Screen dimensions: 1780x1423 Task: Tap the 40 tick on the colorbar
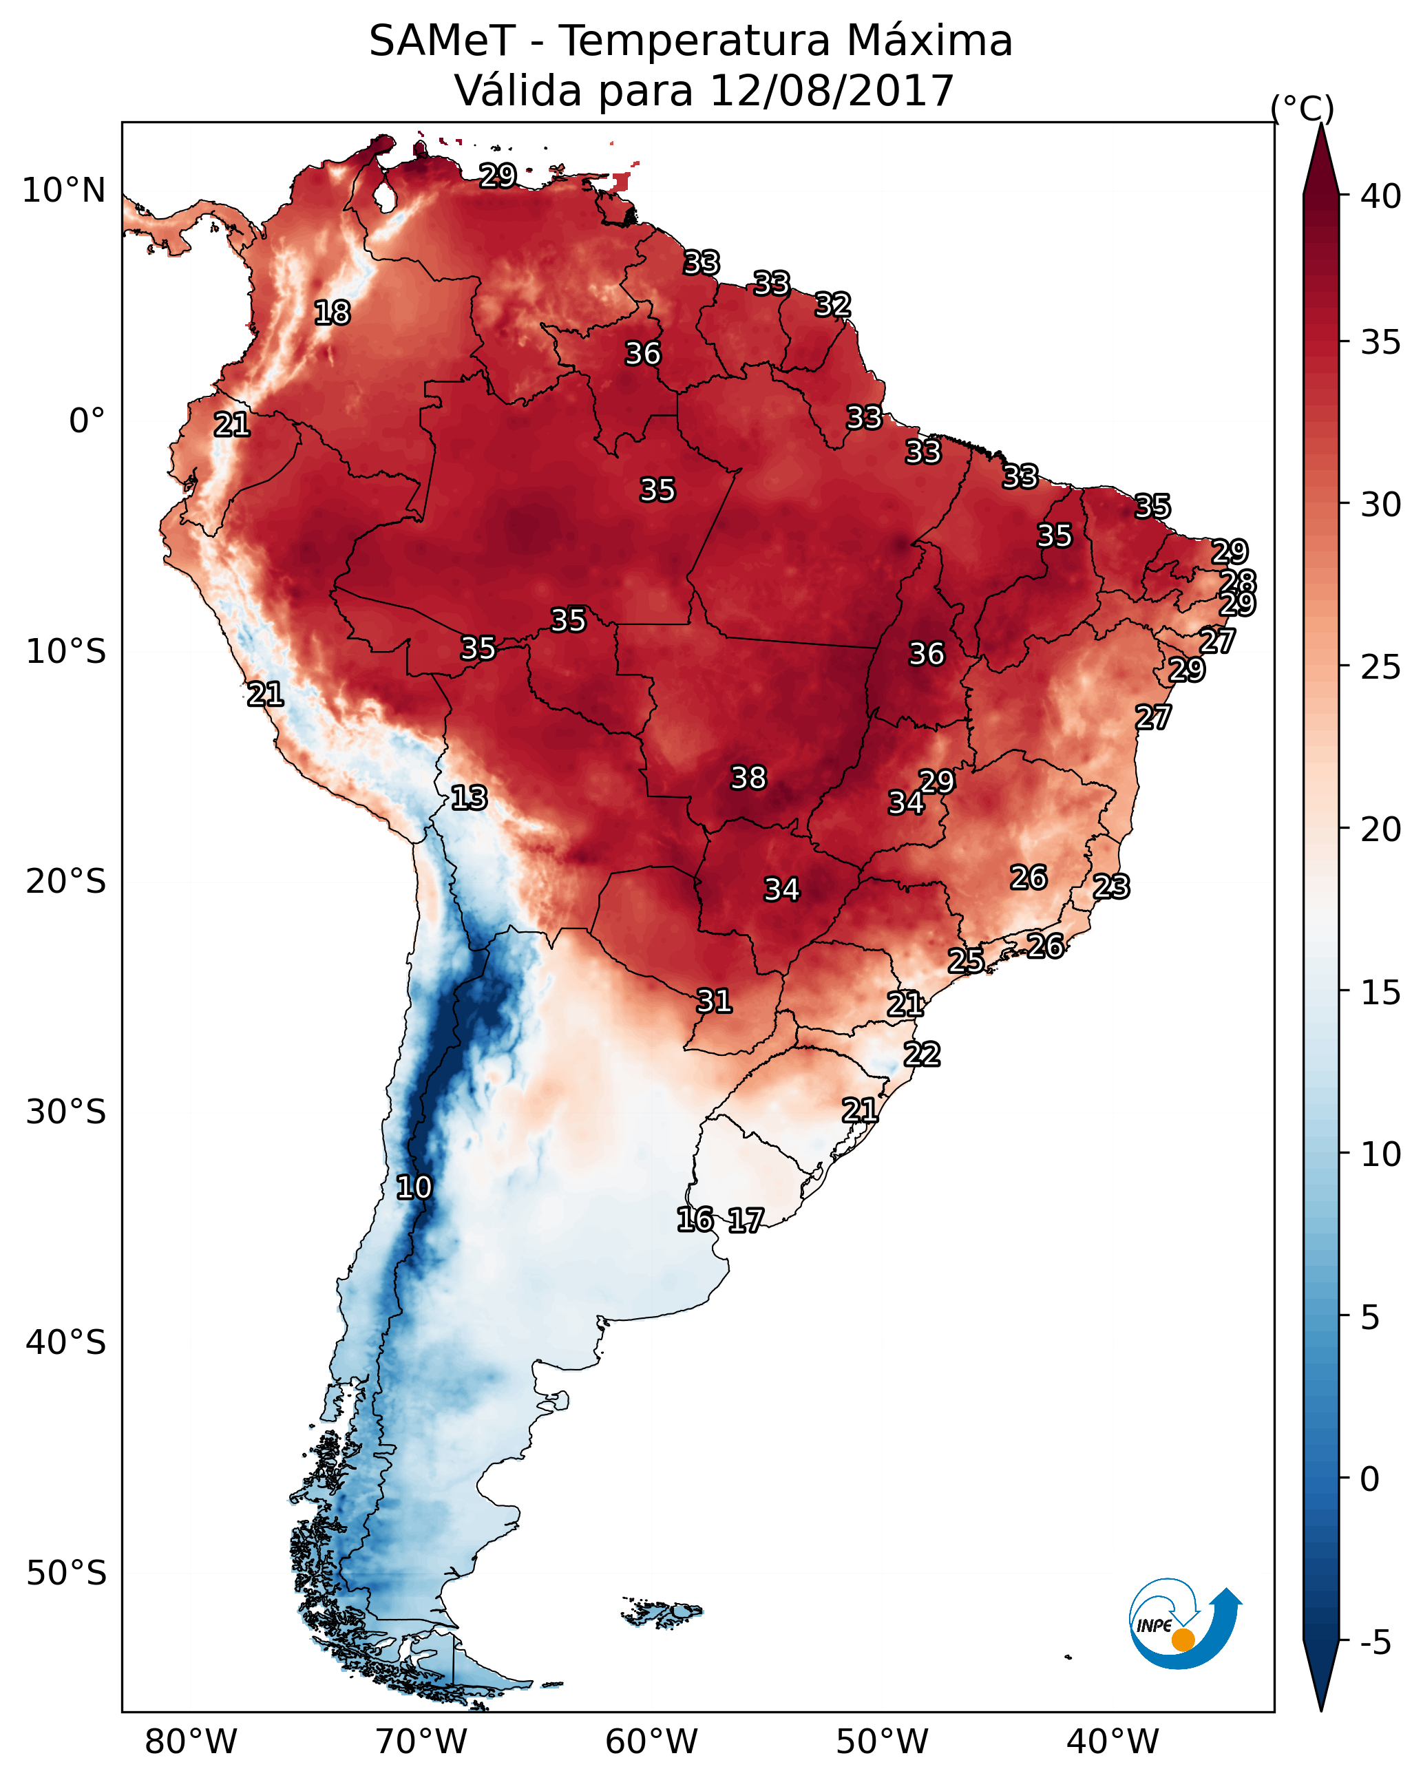tap(1381, 196)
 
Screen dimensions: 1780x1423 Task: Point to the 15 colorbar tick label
tap(1381, 993)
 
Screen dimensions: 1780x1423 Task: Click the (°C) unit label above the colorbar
tap(1302, 108)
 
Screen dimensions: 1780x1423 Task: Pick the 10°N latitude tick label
tap(63, 191)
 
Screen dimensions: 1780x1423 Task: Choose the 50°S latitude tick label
tap(66, 1574)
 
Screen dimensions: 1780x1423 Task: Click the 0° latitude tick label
tap(87, 421)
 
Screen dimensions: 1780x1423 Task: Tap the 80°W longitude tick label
tap(191, 1741)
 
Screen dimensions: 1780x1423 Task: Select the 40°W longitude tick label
tap(1113, 1741)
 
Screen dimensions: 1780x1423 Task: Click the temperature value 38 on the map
tap(748, 778)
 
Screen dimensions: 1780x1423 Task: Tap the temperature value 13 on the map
tap(469, 798)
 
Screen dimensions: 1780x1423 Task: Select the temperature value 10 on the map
tap(414, 1187)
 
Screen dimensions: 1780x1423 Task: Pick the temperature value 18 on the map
tap(332, 313)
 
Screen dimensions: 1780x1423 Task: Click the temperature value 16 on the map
tap(695, 1220)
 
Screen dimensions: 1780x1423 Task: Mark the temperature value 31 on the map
tap(715, 1002)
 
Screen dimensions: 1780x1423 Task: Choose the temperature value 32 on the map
tap(832, 305)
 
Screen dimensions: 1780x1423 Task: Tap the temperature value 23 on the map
tap(1111, 887)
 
